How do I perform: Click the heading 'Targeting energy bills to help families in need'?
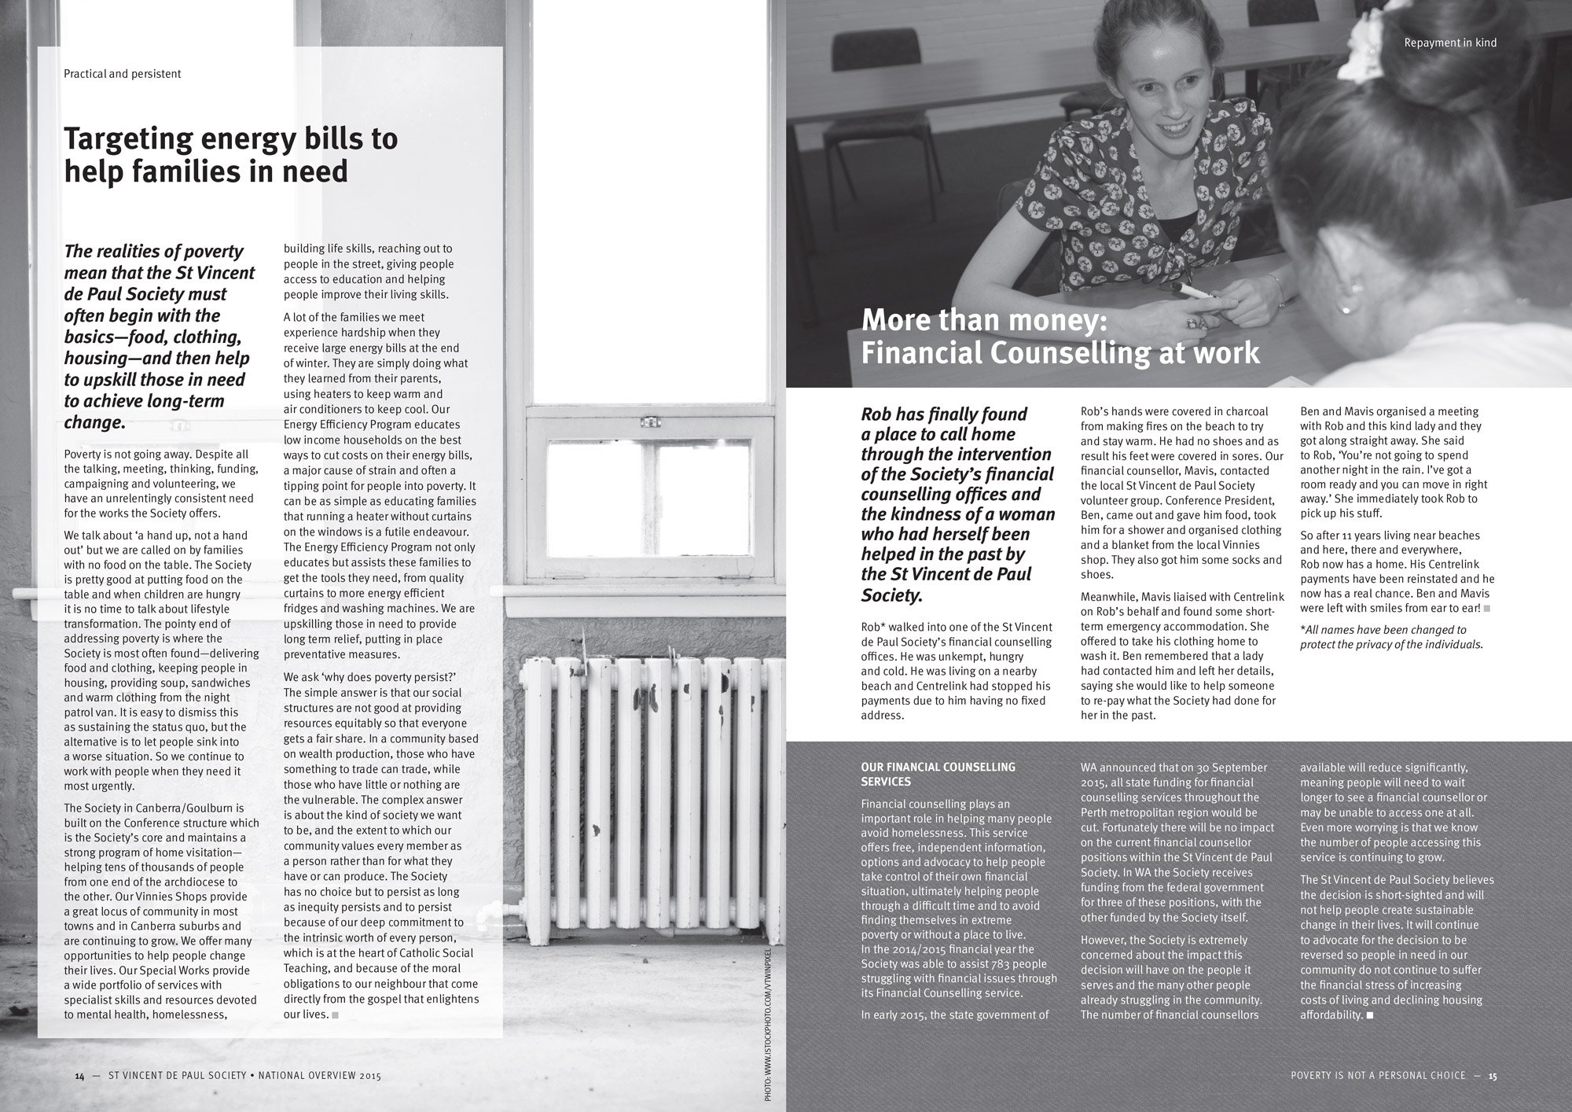tap(230, 154)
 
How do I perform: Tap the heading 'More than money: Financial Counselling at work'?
tap(1060, 337)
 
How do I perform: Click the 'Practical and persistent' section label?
tap(122, 74)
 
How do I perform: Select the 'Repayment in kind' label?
tap(1450, 42)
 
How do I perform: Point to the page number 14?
tap(79, 1076)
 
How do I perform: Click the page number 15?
tap(1492, 1076)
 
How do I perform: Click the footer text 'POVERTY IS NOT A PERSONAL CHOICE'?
tap(1378, 1076)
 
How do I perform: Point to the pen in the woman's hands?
tap(1198, 293)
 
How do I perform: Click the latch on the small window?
tap(650, 422)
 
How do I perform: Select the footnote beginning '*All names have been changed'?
tap(1391, 637)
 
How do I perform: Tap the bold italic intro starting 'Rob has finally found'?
tap(957, 504)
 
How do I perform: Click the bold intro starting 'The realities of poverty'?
tap(159, 337)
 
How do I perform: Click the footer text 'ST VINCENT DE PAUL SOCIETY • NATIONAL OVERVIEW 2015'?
tap(244, 1076)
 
